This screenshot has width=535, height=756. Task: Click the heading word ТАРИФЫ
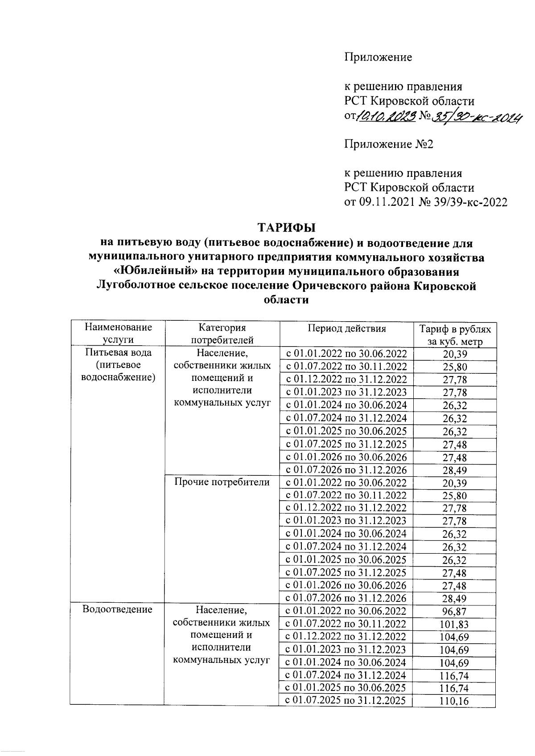[287, 228]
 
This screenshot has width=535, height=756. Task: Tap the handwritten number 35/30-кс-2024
[477, 117]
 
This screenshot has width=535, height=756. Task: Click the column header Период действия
[346, 328]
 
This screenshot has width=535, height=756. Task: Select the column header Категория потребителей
[222, 334]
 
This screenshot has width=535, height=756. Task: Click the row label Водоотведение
[118, 609]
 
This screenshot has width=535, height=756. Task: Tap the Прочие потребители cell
[222, 482]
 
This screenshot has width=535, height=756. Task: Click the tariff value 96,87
[455, 612]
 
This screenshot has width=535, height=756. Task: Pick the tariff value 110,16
[455, 701]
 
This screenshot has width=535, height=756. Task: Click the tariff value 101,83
[455, 625]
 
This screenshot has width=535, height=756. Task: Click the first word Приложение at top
[378, 57]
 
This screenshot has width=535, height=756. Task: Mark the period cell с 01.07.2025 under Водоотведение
[346, 700]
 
